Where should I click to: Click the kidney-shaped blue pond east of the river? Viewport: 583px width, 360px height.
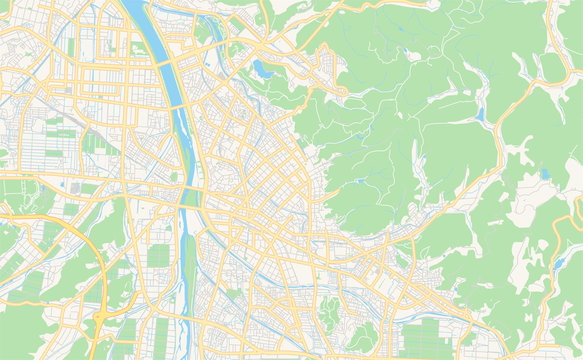(x=262, y=69)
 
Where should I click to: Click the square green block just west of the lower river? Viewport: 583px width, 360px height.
(x=158, y=255)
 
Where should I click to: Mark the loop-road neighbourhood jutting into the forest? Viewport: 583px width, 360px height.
(x=327, y=65)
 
